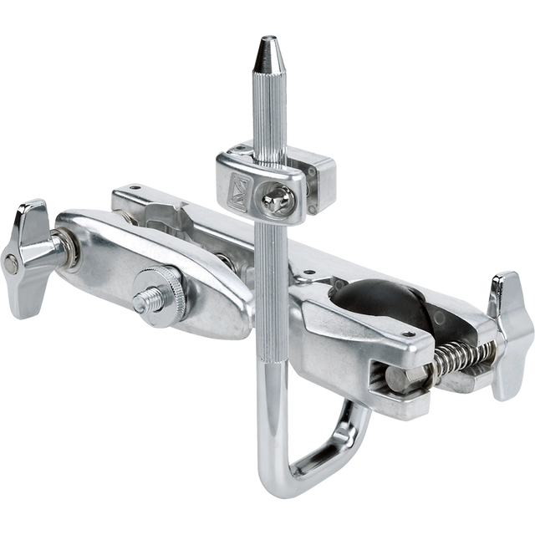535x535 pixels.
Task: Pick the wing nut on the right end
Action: (x=510, y=333)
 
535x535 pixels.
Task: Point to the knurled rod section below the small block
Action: (x=269, y=276)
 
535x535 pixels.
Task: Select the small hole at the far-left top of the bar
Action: (x=124, y=191)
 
